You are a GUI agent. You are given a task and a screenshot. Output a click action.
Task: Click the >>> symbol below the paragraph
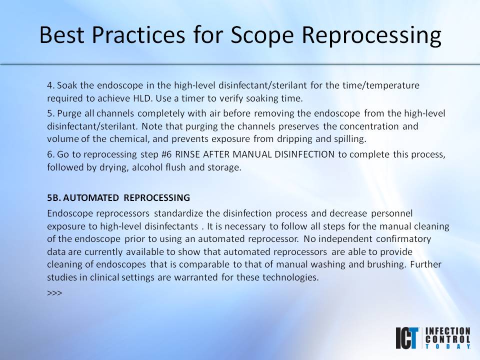tap(54, 292)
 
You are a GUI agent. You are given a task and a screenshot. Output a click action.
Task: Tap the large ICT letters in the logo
tap(407, 337)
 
